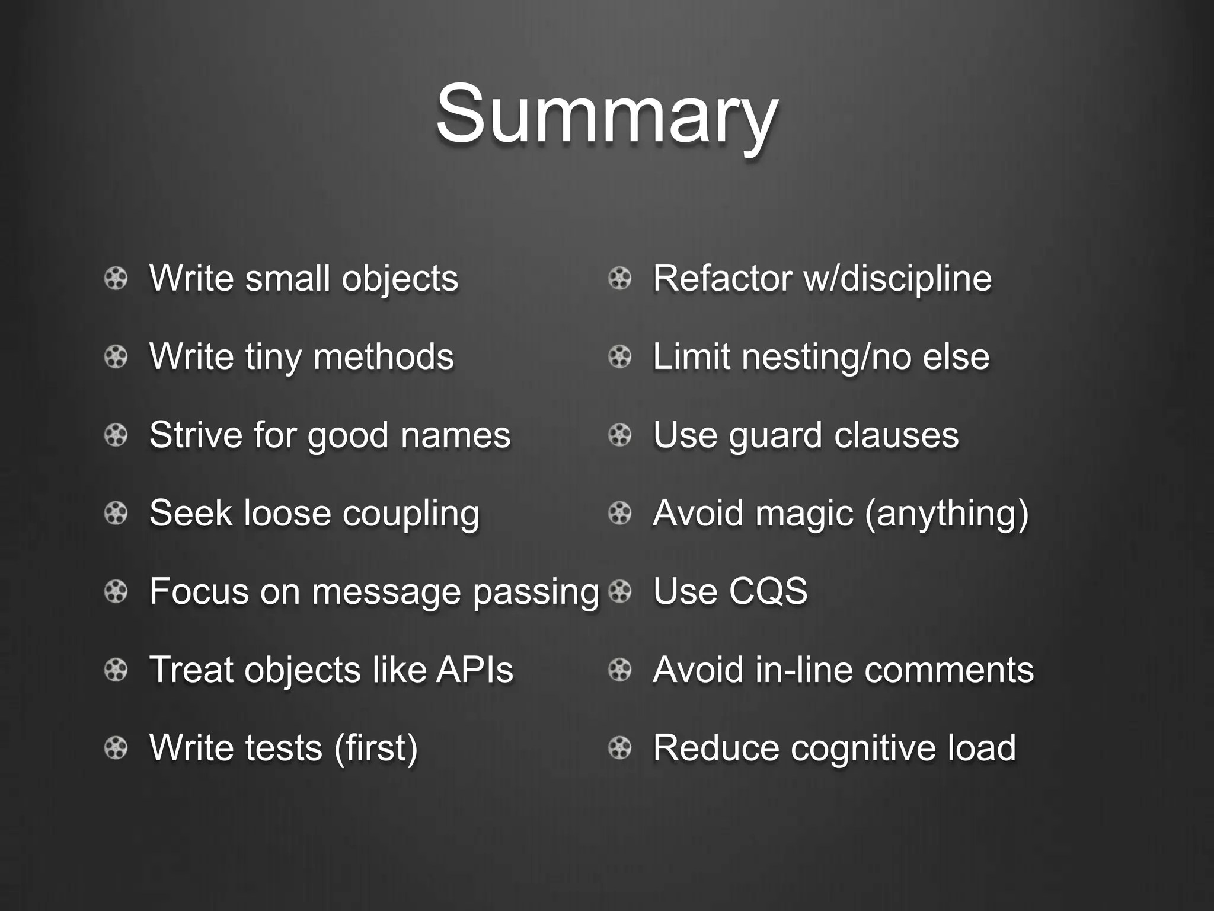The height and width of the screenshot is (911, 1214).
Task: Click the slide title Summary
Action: [606, 114]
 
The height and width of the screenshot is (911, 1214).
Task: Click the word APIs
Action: [475, 670]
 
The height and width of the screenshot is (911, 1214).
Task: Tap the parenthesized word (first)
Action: [376, 748]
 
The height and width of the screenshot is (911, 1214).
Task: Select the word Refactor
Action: [722, 278]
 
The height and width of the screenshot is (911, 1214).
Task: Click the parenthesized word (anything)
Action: [947, 514]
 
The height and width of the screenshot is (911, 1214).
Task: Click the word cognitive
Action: [864, 748]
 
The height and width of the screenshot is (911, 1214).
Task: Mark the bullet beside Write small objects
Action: [116, 278]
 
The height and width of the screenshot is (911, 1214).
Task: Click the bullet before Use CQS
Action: [620, 591]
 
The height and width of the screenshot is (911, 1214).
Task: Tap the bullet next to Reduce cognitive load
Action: [620, 748]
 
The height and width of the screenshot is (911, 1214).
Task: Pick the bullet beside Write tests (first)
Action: [116, 748]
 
